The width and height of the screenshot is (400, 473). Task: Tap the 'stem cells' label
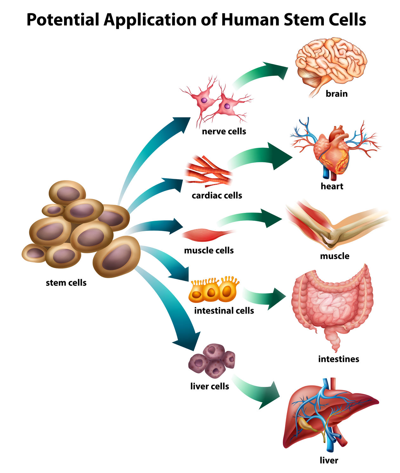pos(66,283)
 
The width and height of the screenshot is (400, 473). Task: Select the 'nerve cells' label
pos(224,131)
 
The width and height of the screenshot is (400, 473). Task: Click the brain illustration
pos(330,64)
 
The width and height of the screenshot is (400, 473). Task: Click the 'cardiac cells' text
pos(217,195)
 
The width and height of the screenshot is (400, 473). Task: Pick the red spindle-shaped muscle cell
pos(208,234)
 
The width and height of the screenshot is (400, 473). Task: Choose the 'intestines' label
pos(338,359)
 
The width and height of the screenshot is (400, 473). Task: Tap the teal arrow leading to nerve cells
pos(149,152)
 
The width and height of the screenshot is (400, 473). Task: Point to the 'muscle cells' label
pos(209,251)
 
